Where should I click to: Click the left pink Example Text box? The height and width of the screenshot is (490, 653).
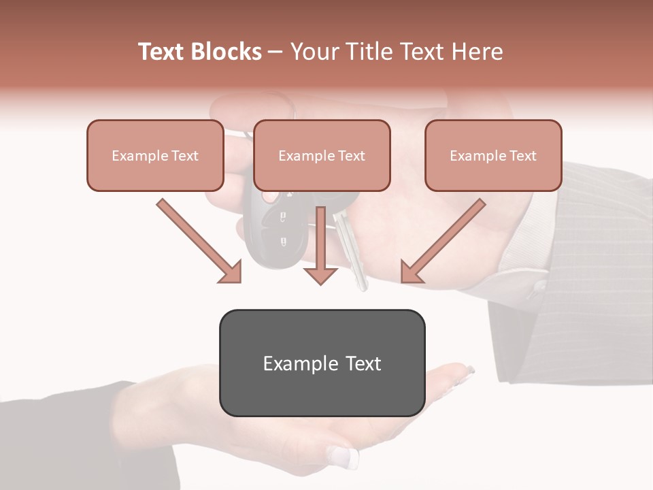[155, 155]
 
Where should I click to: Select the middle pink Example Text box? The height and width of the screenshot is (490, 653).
[322, 155]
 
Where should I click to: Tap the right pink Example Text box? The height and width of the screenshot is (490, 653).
[493, 155]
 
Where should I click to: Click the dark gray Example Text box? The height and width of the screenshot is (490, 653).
[322, 363]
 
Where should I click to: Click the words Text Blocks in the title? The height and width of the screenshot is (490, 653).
[200, 52]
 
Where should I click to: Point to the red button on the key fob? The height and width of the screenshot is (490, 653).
[270, 197]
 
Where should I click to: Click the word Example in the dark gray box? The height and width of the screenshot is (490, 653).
[290, 363]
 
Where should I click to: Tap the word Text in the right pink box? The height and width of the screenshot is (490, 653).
[522, 156]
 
